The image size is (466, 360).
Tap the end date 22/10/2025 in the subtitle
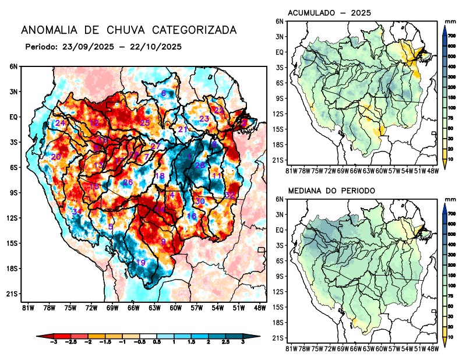(x=157, y=47)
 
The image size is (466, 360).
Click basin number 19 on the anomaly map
(x=140, y=263)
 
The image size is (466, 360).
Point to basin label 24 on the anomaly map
(x=60, y=123)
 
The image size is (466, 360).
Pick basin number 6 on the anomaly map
(x=163, y=93)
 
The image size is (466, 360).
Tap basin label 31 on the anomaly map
(x=76, y=211)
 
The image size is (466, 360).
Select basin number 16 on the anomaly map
(x=192, y=216)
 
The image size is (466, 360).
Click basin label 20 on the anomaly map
(x=56, y=157)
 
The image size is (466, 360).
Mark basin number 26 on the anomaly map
(x=128, y=182)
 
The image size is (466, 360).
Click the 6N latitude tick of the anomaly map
(x=13, y=67)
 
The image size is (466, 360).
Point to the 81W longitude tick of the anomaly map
(x=27, y=307)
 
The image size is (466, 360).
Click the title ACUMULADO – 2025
(x=330, y=13)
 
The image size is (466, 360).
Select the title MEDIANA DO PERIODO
(x=331, y=190)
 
